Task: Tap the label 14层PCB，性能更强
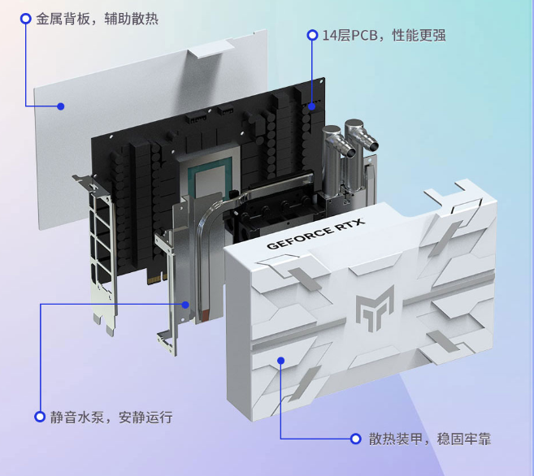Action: point(384,35)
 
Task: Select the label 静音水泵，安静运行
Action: point(111,417)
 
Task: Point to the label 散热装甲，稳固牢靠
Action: point(429,439)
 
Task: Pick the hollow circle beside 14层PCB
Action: point(312,35)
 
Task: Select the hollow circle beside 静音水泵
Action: point(39,417)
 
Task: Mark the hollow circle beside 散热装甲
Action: point(355,439)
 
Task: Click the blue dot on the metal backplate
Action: point(60,106)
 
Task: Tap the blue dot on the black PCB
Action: point(312,106)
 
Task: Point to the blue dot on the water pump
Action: point(186,305)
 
